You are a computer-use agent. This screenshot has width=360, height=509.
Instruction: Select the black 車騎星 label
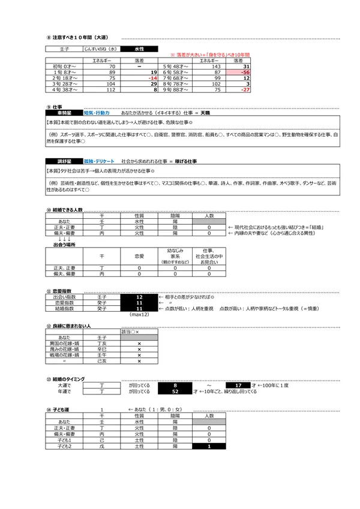pyautogui.click(x=64, y=113)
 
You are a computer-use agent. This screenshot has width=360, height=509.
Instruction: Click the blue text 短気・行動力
pyautogui.click(x=96, y=113)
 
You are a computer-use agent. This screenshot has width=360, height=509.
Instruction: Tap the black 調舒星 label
pyautogui.click(x=64, y=162)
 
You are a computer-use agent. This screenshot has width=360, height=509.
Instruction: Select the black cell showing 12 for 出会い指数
pyautogui.click(x=139, y=297)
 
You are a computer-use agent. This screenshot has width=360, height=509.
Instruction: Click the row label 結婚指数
pyautogui.click(x=64, y=309)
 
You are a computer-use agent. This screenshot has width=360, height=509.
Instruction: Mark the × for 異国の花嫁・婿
pyautogui.click(x=139, y=344)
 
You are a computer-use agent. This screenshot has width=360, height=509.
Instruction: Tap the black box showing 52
pyautogui.click(x=175, y=391)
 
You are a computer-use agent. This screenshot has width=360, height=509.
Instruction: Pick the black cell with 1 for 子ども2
pyautogui.click(x=209, y=445)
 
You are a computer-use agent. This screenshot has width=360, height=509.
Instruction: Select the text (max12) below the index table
pyautogui.click(x=139, y=315)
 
